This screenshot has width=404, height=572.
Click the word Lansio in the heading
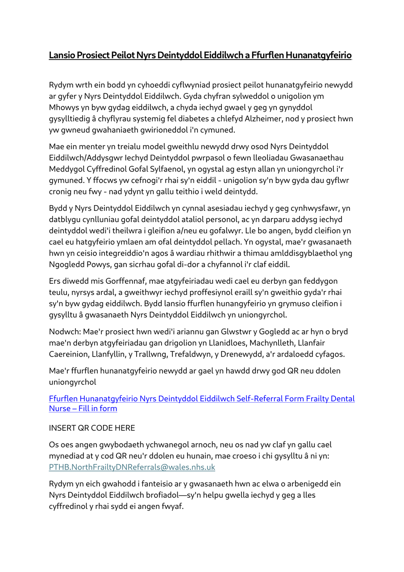pyautogui.click(x=62, y=55)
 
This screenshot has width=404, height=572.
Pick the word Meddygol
pyautogui.click(x=67, y=168)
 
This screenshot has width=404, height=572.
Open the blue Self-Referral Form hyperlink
pyautogui.click(x=202, y=399)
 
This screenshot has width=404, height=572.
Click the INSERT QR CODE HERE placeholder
pyautogui.click(x=92, y=428)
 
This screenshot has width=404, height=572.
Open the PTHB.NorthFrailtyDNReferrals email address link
pyautogui.click(x=132, y=467)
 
